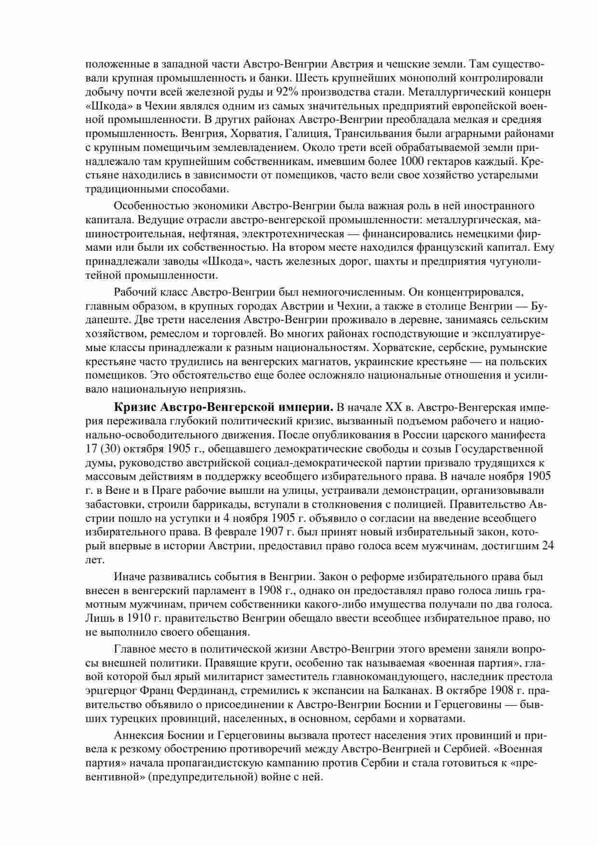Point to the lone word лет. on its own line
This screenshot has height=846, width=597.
94,560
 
